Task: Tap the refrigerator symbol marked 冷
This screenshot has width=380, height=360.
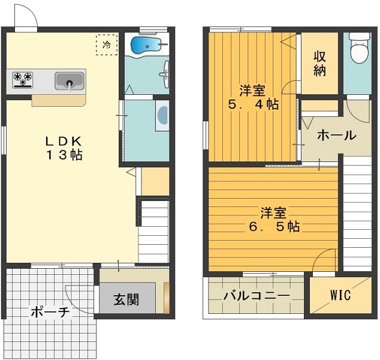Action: pos(107,44)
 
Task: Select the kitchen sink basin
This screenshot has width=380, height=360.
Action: pos(70,80)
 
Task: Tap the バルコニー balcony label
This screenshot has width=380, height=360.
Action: pos(257,296)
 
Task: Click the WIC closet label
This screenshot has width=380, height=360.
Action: pos(340,296)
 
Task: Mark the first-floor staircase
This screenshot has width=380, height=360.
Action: pos(153,231)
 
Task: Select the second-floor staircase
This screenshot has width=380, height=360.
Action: pos(358,216)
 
